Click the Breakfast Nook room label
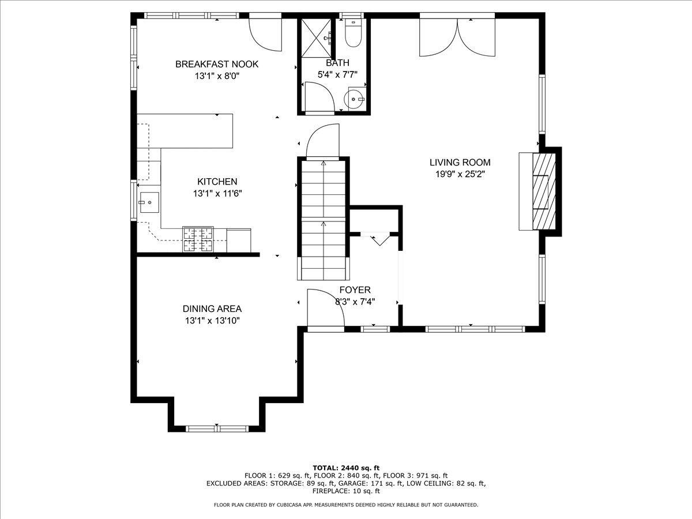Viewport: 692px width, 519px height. [217, 64]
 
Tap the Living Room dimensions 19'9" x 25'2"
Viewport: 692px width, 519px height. [460, 174]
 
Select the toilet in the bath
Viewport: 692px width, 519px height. [353, 33]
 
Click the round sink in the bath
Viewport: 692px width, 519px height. [354, 99]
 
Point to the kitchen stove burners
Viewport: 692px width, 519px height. [198, 239]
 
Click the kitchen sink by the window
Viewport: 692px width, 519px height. [149, 202]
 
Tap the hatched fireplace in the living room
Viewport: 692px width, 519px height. [544, 191]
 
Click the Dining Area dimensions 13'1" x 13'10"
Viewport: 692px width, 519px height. [212, 321]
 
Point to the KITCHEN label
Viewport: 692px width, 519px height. [217, 182]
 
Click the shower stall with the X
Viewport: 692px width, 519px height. [317, 38]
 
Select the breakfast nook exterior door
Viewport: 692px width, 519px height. [265, 32]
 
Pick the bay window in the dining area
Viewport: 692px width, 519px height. [217, 428]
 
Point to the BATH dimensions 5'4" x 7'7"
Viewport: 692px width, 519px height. [337, 75]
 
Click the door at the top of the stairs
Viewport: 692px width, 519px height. [323, 141]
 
